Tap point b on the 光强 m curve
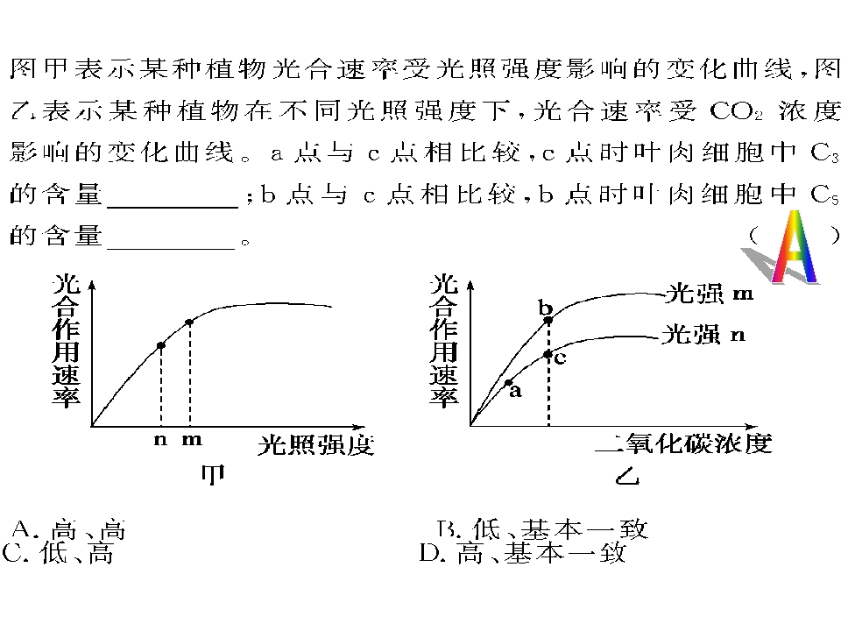(x=548, y=321)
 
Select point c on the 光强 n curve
(x=548, y=354)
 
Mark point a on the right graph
(x=508, y=383)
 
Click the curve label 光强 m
(x=709, y=294)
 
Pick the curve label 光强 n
(x=703, y=334)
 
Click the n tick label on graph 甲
(x=160, y=439)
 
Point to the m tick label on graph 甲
(x=192, y=439)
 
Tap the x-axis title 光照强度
(x=315, y=445)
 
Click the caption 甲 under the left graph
(x=213, y=474)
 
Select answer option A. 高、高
(x=68, y=529)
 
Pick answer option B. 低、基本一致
(x=542, y=528)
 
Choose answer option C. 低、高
(x=58, y=553)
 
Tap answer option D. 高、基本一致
(x=522, y=552)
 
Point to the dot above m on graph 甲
(x=189, y=323)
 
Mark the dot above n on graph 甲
(x=160, y=345)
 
